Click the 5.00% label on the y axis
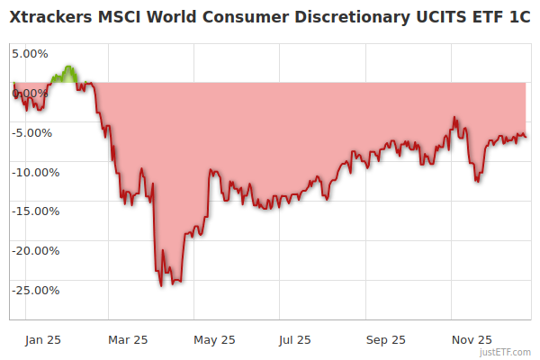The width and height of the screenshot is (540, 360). point(30,53)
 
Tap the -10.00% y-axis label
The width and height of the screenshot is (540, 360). point(35,172)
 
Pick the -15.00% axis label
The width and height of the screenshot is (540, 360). point(35,211)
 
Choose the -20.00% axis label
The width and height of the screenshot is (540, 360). point(35,251)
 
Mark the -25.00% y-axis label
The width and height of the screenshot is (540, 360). point(35,291)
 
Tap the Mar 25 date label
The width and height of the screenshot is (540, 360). point(127,340)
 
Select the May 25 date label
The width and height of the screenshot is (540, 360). point(214,340)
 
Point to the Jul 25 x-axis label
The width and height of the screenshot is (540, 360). point(295,340)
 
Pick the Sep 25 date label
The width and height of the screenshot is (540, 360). point(386,340)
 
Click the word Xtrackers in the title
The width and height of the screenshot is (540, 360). point(53,16)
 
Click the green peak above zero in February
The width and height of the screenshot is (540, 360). point(68,67)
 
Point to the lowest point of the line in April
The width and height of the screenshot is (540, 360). point(161,286)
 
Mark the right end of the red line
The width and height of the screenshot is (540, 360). point(526,137)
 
